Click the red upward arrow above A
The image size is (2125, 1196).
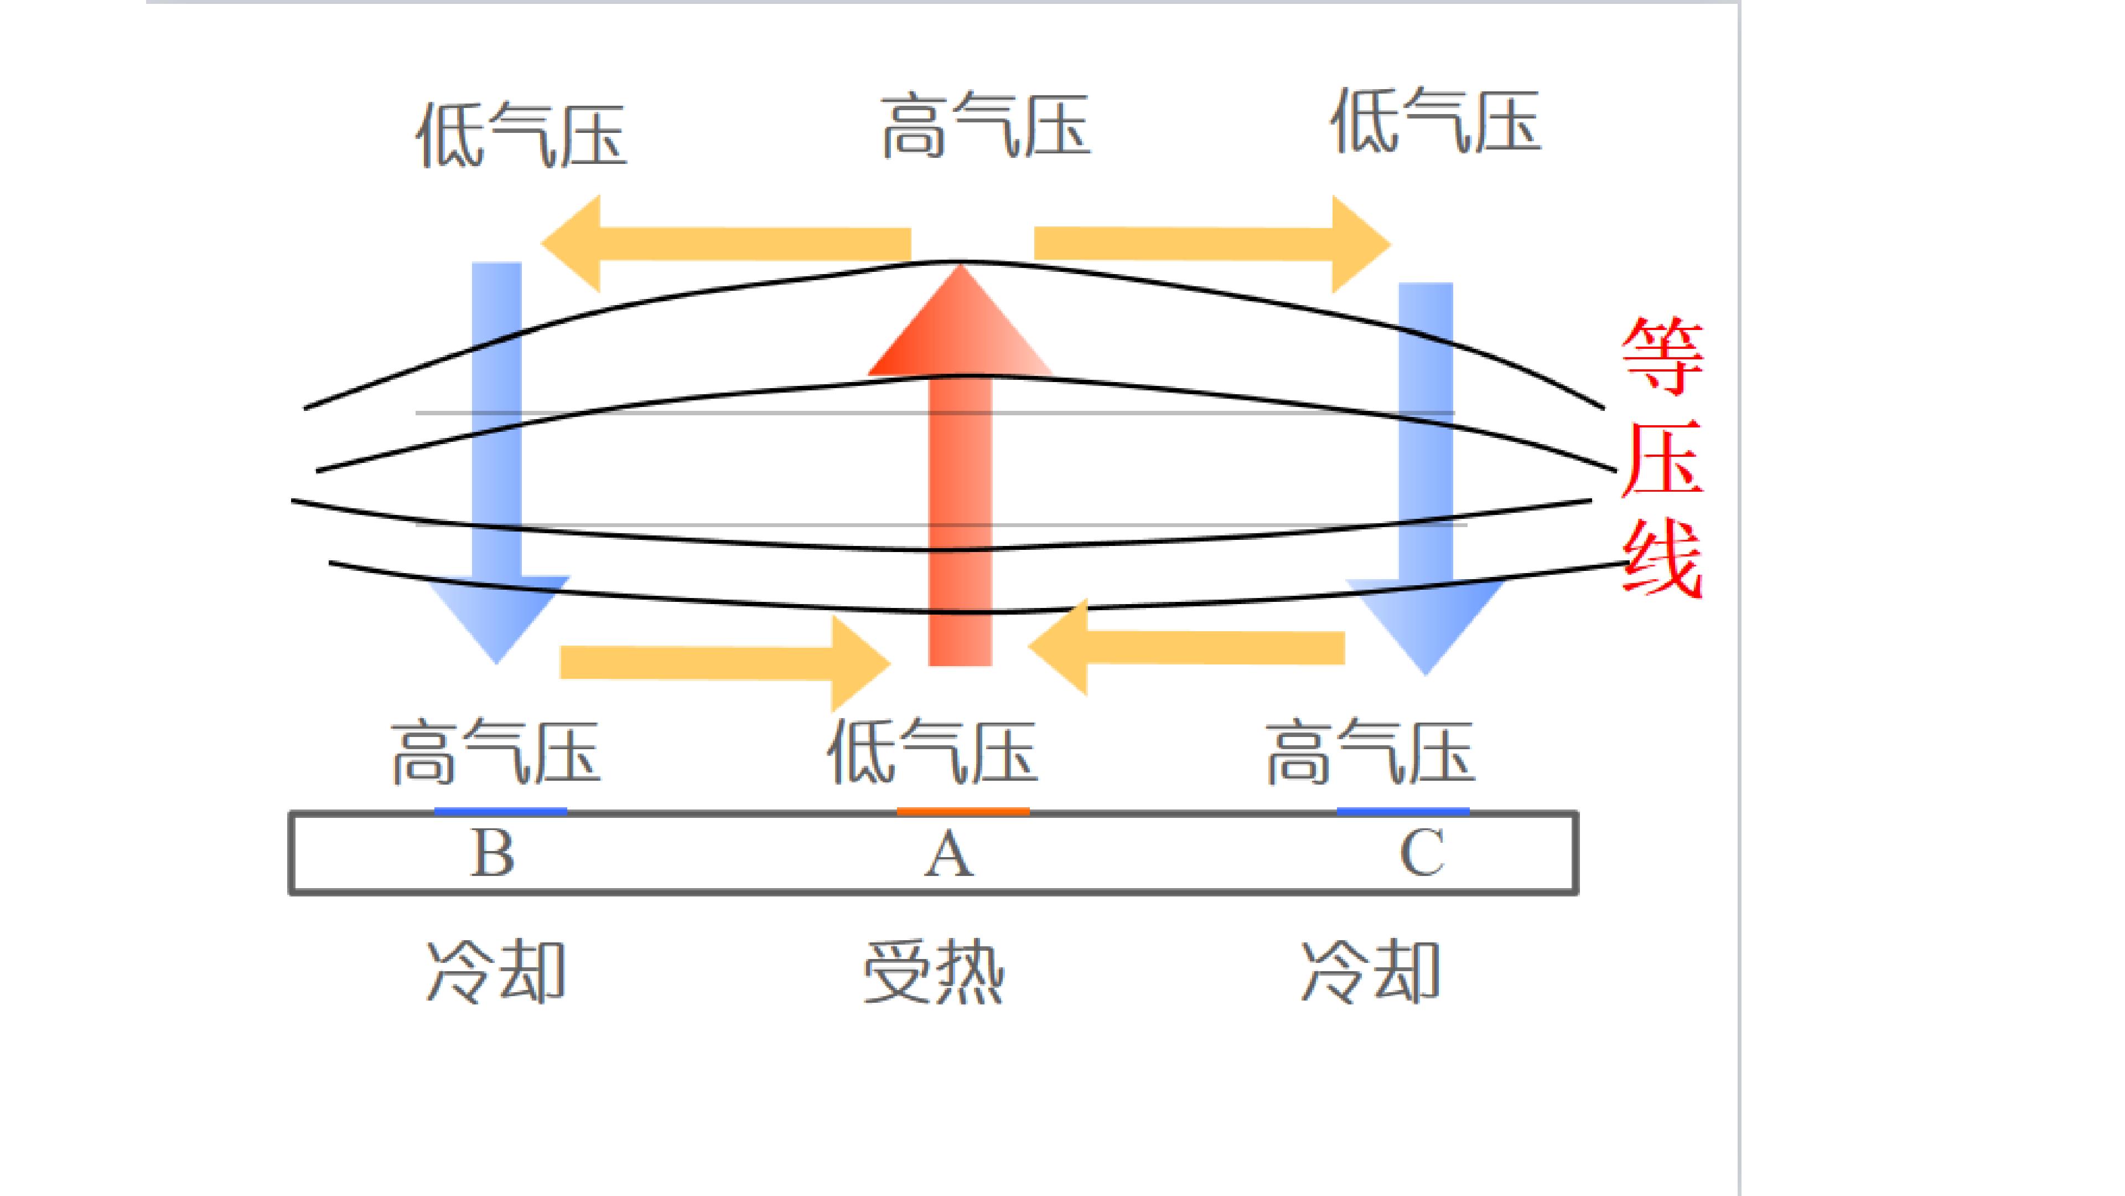pyautogui.click(x=960, y=465)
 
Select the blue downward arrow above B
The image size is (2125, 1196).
pyautogui.click(x=496, y=462)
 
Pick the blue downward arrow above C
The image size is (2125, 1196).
pyautogui.click(x=1426, y=479)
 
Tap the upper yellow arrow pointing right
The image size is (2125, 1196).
pyautogui.click(x=1212, y=244)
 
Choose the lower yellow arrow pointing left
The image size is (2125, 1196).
pyautogui.click(x=1186, y=648)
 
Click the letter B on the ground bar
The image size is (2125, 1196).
pyautogui.click(x=493, y=853)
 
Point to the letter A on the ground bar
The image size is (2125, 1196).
pyautogui.click(x=949, y=853)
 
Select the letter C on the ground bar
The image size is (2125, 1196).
pyautogui.click(x=1422, y=853)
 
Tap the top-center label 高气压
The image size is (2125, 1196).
pyautogui.click(x=986, y=126)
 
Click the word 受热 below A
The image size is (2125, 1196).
pyautogui.click(x=934, y=972)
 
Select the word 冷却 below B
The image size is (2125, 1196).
pyautogui.click(x=496, y=972)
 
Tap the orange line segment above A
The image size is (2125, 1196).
pyautogui.click(x=963, y=811)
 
